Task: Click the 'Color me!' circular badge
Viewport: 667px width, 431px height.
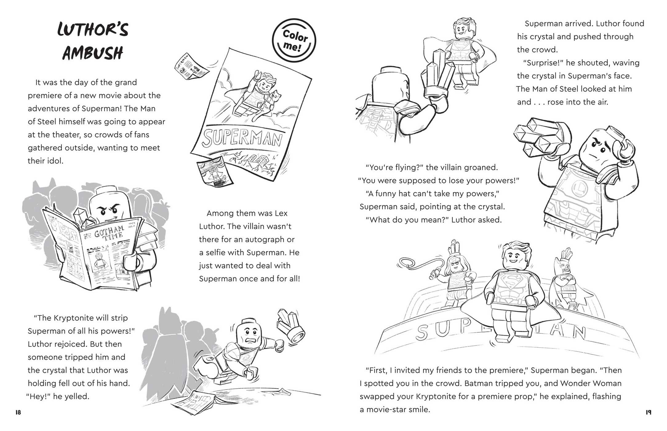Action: tap(294, 40)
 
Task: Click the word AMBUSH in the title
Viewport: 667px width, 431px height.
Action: tap(93, 53)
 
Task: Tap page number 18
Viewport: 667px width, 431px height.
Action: tap(18, 413)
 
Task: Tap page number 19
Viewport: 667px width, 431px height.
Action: tap(648, 413)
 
